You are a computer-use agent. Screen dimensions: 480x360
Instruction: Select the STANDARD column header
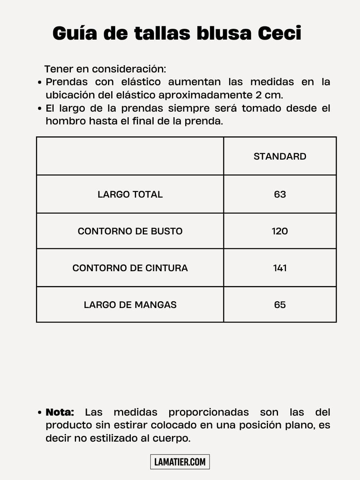[280, 156]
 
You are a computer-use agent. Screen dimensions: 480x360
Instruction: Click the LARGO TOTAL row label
[130, 194]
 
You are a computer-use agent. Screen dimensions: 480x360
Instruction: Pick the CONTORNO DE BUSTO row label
[130, 231]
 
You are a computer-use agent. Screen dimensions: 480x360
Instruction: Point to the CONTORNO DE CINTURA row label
[130, 268]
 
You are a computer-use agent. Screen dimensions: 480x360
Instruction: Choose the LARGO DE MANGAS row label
[130, 305]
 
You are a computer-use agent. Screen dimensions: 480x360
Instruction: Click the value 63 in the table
[280, 194]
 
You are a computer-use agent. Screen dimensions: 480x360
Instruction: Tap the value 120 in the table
[280, 231]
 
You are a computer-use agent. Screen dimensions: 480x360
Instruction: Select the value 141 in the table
[280, 268]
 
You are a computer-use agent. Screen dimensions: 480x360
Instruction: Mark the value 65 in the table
[280, 305]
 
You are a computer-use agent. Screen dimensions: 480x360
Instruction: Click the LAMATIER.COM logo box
[180, 462]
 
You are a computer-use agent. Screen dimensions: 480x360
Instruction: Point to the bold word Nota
[60, 412]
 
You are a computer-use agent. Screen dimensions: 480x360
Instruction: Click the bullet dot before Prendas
[40, 83]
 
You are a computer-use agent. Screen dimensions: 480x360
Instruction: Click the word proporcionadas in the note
[208, 412]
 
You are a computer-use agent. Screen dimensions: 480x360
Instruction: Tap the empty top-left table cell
[130, 156]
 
